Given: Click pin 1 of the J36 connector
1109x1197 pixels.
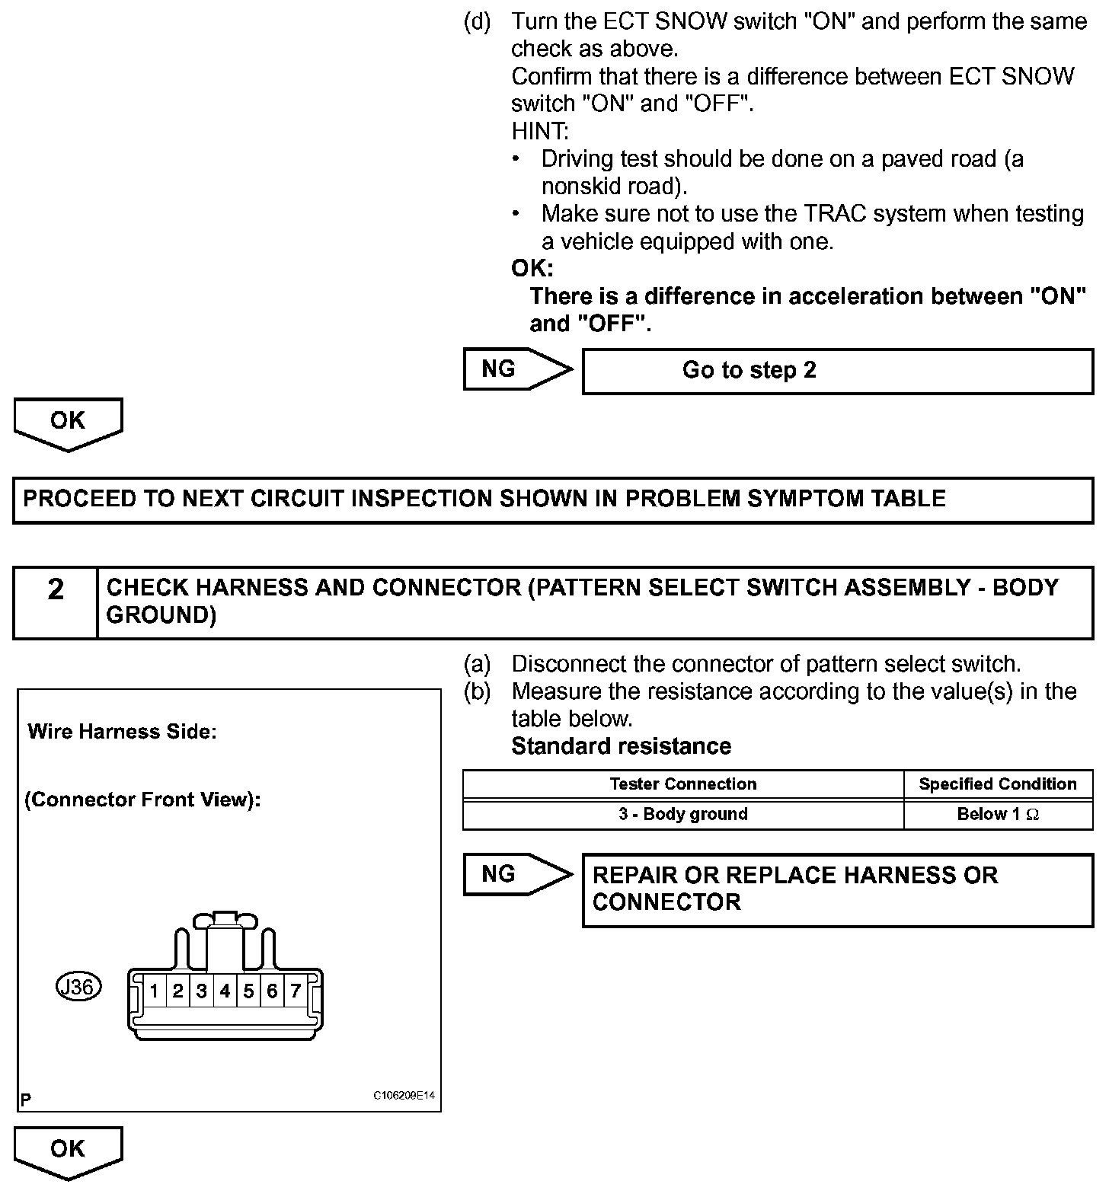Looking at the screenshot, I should pos(154,991).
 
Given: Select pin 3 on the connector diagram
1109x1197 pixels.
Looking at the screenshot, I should pos(201,991).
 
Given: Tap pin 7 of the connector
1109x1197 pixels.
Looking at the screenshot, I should pos(296,991).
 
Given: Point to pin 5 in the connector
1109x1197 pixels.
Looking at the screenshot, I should pos(248,991).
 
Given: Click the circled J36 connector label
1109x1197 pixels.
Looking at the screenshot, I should pos(78,987).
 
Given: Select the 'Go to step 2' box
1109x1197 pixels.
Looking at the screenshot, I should pos(837,371).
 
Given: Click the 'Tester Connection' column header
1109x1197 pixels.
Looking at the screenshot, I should pos(682,784).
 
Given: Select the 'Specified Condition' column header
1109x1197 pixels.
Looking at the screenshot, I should pos(998,784).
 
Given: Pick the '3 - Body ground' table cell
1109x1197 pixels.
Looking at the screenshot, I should pos(682,814).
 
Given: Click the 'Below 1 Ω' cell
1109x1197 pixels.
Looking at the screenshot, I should pos(998,814).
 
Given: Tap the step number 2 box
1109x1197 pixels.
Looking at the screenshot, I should pos(56,602).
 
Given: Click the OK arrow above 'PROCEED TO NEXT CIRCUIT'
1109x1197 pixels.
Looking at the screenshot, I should pos(68,423).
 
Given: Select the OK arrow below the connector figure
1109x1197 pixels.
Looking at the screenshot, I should pos(68,1151).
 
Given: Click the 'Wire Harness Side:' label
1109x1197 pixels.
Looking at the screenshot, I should pos(122,732).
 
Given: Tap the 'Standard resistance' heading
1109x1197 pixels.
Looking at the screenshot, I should pos(621,746).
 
